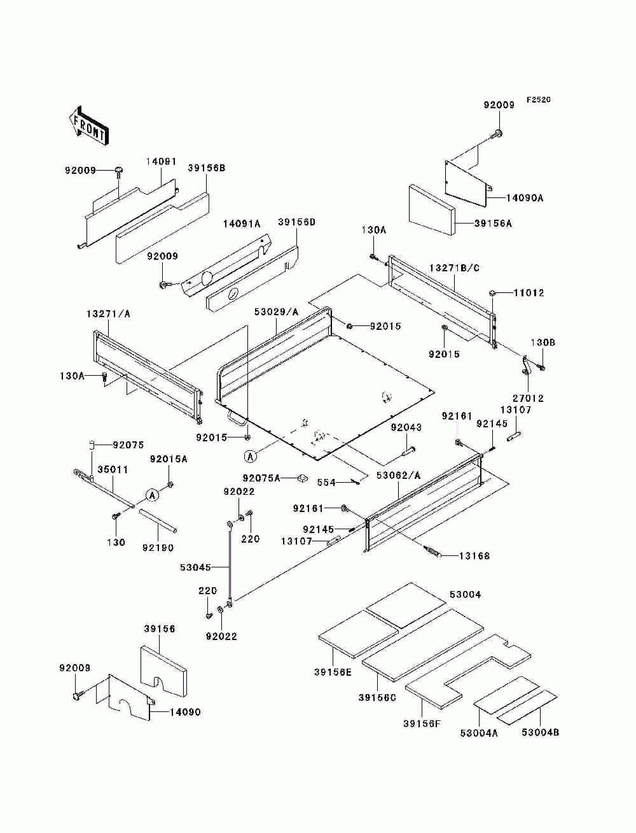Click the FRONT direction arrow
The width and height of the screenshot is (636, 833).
click(89, 126)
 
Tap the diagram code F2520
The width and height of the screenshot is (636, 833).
click(538, 100)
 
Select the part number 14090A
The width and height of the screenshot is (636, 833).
click(525, 197)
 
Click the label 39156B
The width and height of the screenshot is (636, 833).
click(207, 167)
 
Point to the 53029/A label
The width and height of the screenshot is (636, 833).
click(276, 312)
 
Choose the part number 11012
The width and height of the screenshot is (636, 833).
click(529, 292)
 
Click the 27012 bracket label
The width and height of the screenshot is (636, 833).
click(528, 398)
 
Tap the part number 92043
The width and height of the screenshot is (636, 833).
click(406, 427)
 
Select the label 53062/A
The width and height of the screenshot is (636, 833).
click(399, 476)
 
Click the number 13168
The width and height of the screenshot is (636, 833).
click(474, 556)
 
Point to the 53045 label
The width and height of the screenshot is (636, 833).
click(195, 567)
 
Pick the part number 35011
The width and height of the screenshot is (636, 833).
click(113, 469)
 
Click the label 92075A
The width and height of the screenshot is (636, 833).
click(261, 478)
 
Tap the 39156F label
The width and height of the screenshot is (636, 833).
click(422, 723)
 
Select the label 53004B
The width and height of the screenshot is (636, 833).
click(540, 732)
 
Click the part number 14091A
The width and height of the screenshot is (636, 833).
click(242, 224)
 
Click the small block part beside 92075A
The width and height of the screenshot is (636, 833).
click(302, 478)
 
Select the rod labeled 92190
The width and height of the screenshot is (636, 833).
click(158, 521)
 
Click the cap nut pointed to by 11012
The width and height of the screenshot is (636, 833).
click(491, 292)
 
